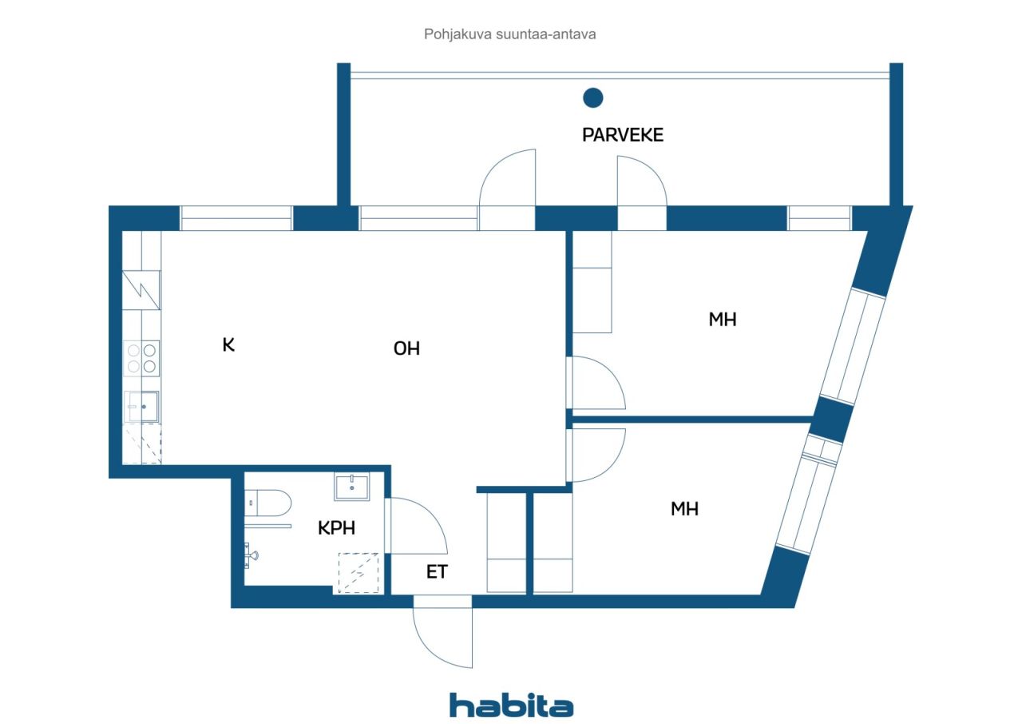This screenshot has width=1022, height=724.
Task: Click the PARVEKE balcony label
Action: point(622,135)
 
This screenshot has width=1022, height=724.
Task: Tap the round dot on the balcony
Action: point(592,97)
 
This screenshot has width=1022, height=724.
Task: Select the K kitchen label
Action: point(228,345)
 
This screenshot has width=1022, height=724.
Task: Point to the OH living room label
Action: point(406,348)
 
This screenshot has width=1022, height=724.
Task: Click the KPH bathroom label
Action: point(336,528)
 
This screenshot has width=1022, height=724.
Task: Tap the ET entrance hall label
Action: point(437,572)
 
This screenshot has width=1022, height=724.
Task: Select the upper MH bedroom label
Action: point(722,320)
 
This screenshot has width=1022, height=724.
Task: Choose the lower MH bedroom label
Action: point(684,508)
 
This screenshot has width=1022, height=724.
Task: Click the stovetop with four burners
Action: point(142,358)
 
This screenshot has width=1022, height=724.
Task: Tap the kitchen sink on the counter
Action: point(143,407)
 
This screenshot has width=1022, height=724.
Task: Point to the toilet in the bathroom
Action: point(267,503)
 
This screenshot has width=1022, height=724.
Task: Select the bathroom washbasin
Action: point(351,486)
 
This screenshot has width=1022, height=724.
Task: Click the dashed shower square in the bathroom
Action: point(359,573)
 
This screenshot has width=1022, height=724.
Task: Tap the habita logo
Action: point(511,705)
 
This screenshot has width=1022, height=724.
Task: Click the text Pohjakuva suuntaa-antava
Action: point(510,34)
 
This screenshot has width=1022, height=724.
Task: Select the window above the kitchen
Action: point(236,218)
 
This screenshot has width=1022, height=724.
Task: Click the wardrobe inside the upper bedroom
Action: point(592,281)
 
